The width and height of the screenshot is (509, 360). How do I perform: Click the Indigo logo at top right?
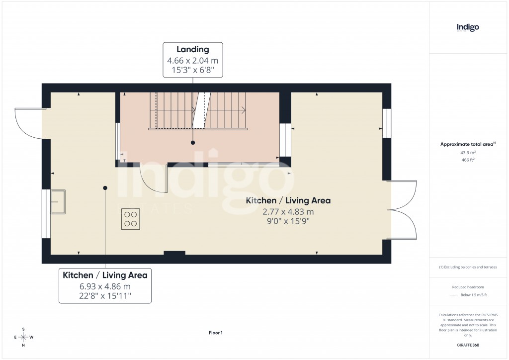click(x=468, y=27)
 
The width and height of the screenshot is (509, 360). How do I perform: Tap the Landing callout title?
click(x=193, y=49)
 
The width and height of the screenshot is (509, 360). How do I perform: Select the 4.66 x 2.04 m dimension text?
click(x=193, y=61)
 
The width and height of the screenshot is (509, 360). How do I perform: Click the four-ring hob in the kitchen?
click(x=131, y=219)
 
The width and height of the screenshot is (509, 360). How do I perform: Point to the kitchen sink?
click(x=58, y=201)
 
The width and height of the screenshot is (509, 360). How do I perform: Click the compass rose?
click(x=23, y=337)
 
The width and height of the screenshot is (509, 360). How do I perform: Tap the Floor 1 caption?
click(x=216, y=333)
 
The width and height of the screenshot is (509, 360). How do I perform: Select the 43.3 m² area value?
click(x=468, y=153)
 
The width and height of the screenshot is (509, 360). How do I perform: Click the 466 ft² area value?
click(x=468, y=160)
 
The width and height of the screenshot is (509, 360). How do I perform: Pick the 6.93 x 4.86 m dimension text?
click(x=105, y=286)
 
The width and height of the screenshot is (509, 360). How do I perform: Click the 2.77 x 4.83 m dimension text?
click(x=288, y=211)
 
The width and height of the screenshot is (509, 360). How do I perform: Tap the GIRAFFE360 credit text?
click(x=468, y=345)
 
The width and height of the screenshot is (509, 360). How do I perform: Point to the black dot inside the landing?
click(x=193, y=143)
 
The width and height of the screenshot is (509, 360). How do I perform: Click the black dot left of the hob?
click(x=105, y=187)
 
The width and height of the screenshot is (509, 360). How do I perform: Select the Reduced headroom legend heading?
click(x=468, y=287)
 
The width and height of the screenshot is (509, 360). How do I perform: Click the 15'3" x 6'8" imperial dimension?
click(x=193, y=71)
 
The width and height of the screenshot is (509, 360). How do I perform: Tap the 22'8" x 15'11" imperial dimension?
click(x=105, y=296)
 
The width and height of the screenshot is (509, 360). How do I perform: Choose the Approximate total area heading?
click(x=467, y=144)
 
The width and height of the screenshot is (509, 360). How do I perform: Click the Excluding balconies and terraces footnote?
click(x=468, y=267)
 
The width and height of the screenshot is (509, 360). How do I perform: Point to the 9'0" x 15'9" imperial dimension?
click(x=288, y=221)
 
